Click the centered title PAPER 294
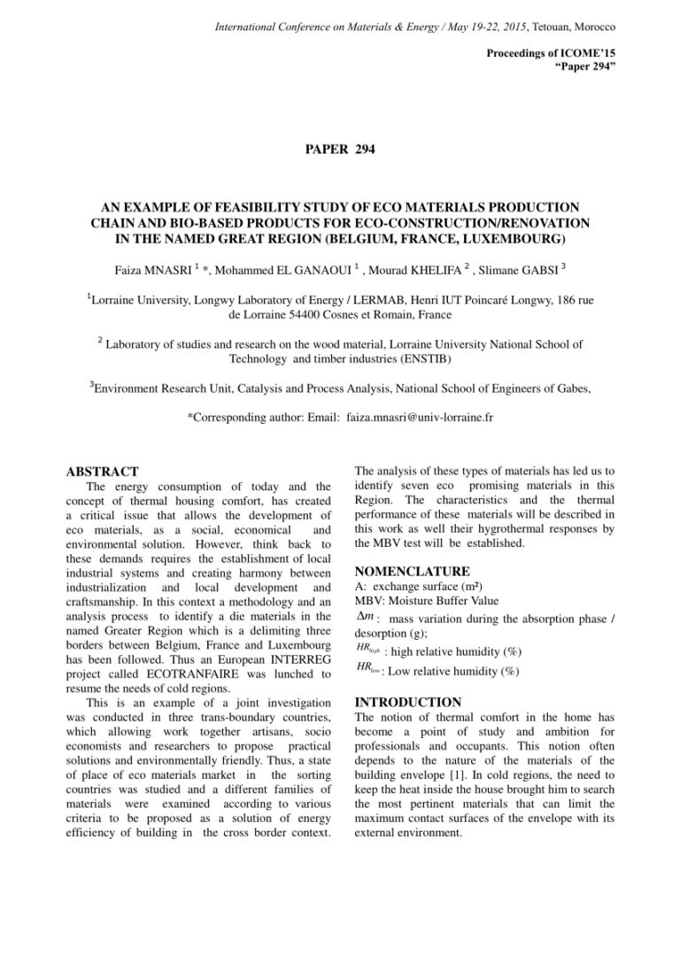340,149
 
